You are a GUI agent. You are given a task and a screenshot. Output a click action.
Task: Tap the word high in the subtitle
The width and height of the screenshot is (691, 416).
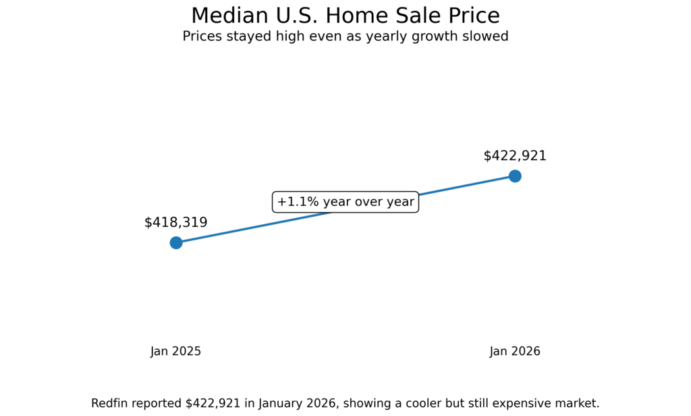(x=283, y=36)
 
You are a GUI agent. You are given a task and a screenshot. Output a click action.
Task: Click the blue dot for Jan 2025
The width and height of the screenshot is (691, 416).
(x=176, y=242)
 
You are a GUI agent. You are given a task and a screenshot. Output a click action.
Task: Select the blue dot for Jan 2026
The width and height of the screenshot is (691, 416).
(x=515, y=176)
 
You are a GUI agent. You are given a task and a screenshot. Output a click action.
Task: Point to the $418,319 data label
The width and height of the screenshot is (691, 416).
(x=176, y=222)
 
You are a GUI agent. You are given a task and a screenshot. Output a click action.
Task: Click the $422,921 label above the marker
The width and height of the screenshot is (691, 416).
(x=515, y=156)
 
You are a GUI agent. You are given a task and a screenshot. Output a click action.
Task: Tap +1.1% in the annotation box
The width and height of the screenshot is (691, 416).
(x=297, y=202)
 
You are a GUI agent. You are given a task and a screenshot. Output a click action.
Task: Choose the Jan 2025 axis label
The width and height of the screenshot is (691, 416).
(x=176, y=351)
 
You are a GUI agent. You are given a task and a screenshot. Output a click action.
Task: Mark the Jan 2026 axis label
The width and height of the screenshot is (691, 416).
(x=515, y=351)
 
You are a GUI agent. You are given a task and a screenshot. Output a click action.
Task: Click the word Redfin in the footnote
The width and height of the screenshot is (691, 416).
(x=110, y=403)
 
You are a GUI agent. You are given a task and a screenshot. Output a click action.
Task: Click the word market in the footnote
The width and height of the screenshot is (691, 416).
(x=578, y=403)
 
